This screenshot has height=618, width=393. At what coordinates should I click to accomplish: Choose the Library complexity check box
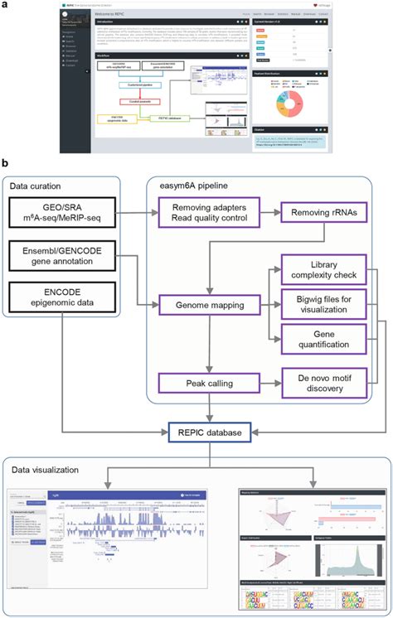coord(321,270)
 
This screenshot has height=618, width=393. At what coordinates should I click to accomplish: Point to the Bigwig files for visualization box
coord(321,305)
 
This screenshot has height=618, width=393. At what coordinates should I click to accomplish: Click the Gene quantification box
coord(321,340)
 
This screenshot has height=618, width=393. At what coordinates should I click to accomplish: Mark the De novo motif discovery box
coord(321,383)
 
